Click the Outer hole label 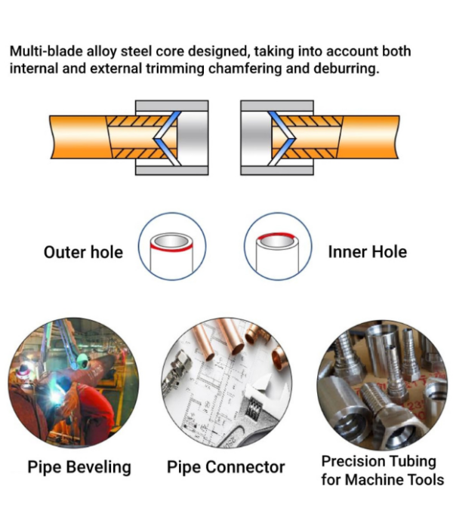[83, 252]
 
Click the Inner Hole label [367, 252]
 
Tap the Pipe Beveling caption [79, 467]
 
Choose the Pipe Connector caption [226, 467]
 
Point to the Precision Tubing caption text [379, 461]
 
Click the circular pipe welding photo [73, 383]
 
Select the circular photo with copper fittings [227, 383]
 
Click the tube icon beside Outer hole [172, 248]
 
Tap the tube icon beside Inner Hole [278, 248]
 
